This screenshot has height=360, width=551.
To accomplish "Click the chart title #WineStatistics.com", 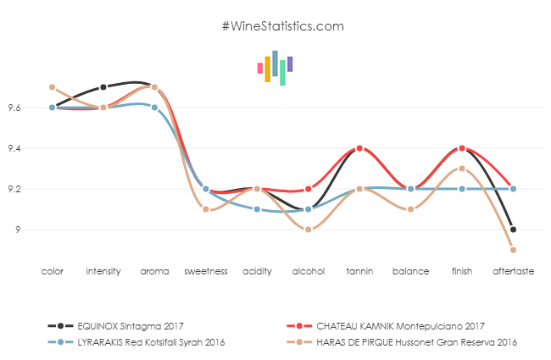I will pos(282,26).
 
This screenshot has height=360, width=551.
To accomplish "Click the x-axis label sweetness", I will pos(206,271).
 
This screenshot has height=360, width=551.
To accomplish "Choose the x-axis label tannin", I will pos(359,271).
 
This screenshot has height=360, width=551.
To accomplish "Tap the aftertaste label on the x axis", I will pos(513,271).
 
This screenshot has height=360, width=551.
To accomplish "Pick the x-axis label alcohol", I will pos(308,271).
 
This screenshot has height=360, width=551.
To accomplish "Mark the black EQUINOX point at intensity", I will pos(103,87).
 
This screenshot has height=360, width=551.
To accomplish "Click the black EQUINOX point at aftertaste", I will pos(513,230).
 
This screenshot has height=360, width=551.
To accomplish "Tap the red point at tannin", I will pos(359,148).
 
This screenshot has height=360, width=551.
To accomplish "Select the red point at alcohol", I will pos(308,189).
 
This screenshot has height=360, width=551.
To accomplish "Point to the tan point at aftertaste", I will pos(513,250).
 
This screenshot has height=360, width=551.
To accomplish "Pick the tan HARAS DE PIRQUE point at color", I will pos(52,87).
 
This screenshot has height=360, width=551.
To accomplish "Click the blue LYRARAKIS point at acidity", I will pos(257,209).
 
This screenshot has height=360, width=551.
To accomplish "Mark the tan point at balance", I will pos(410,209).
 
